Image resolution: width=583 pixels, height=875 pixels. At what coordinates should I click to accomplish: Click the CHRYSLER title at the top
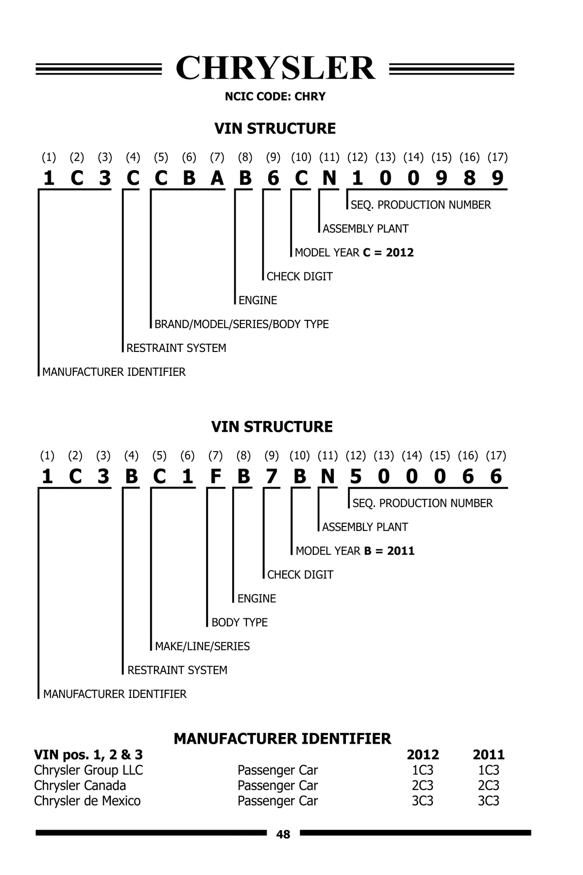pos(275,68)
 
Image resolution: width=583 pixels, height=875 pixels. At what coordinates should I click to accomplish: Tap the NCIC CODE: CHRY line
pos(275,96)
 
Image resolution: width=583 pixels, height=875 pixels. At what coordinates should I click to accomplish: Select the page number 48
pos(283,834)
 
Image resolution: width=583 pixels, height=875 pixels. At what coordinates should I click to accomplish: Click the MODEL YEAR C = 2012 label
pos(354,252)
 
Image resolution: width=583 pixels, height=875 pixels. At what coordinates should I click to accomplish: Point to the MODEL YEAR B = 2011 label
pos(355,551)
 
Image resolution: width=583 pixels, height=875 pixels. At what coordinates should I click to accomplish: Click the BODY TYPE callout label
pos(240,622)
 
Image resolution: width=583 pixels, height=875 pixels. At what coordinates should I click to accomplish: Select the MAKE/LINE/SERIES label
pos(202,646)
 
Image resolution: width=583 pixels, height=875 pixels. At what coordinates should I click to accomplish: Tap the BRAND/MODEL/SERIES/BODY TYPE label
pos(241,324)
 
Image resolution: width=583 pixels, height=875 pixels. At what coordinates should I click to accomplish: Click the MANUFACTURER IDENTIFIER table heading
pos(282,738)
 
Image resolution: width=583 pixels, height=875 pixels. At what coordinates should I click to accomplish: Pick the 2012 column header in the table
pos(423,754)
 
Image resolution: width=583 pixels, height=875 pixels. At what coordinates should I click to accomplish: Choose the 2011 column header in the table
pos(489,754)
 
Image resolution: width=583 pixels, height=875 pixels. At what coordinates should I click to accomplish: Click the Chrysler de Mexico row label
pos(87,801)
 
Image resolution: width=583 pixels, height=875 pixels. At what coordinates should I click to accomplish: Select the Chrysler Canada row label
pos(80,785)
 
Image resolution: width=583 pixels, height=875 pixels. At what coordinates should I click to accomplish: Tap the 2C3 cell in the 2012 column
pos(423,785)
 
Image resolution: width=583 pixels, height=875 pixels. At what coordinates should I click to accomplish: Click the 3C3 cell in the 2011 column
pos(489,801)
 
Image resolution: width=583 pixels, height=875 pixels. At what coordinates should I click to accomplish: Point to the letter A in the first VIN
pos(217,178)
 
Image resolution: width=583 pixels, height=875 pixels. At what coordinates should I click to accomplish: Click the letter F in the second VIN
pos(215,477)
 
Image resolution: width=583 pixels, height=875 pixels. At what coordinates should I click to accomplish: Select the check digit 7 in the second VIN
pos(272,477)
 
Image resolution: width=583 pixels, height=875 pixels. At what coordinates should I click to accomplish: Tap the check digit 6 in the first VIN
pos(274,178)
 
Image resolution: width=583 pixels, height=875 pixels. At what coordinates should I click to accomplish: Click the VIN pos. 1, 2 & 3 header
pos(88,754)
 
